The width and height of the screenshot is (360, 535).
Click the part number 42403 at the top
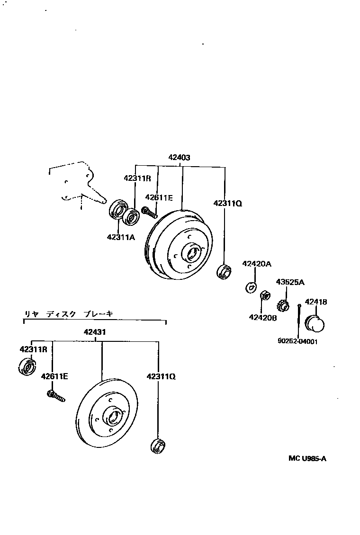[179, 158]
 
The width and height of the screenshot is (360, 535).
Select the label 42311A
[121, 237]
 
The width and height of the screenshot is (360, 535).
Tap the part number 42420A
[257, 264]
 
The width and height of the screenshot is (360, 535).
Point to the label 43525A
[290, 282]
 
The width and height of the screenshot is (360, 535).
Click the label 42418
[315, 302]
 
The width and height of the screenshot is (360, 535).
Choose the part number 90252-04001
[297, 341]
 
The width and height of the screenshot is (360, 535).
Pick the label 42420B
[263, 317]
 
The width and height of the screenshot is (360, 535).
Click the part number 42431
[95, 331]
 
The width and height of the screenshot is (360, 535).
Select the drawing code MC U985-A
[307, 458]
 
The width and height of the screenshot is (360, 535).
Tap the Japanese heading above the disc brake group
[68, 313]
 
